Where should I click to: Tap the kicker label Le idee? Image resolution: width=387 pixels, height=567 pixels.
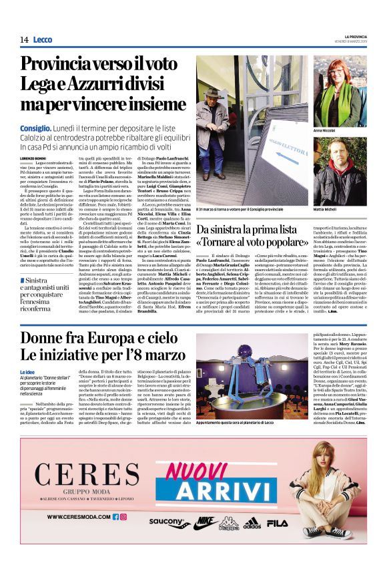pyautogui.click(x=27, y=371)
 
